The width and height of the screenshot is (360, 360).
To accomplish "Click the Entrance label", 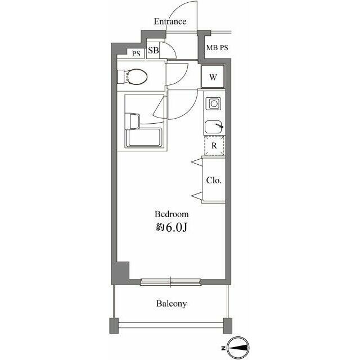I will coord(170,22).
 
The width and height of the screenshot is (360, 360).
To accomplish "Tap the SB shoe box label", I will coord(154,51).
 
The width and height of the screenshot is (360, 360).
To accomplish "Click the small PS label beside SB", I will coord(136,54).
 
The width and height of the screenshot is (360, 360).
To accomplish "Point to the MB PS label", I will coord(217,48).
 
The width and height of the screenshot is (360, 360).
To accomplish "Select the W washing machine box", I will coord(214,77).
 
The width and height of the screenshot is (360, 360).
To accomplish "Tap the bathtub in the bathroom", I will coord(145,137).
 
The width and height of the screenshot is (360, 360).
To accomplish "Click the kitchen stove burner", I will coord(214,103).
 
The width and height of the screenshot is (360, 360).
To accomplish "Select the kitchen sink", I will coord(214,127).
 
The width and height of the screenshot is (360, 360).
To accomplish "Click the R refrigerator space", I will coord(214,146).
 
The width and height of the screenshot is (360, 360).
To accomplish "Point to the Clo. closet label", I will coord(214,181).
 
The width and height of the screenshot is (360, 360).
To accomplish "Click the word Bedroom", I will coord(172,214).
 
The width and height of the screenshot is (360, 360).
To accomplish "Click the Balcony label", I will coord(172,304).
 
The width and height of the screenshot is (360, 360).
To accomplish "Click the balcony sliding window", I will coord(170,280).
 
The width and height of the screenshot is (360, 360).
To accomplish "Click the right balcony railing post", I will coord(227,325).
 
